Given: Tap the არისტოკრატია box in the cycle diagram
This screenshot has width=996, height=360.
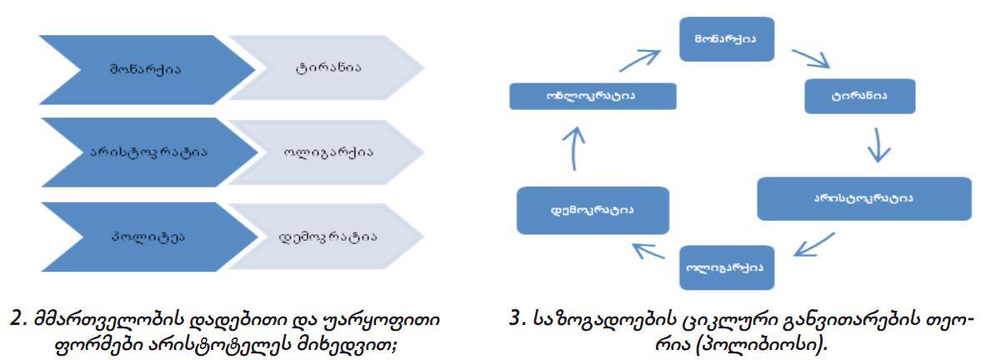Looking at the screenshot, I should tap(863, 198).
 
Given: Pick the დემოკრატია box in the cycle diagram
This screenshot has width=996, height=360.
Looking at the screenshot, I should tap(593, 209).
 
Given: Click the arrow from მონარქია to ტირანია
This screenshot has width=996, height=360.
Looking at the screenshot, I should tap(808, 61).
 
